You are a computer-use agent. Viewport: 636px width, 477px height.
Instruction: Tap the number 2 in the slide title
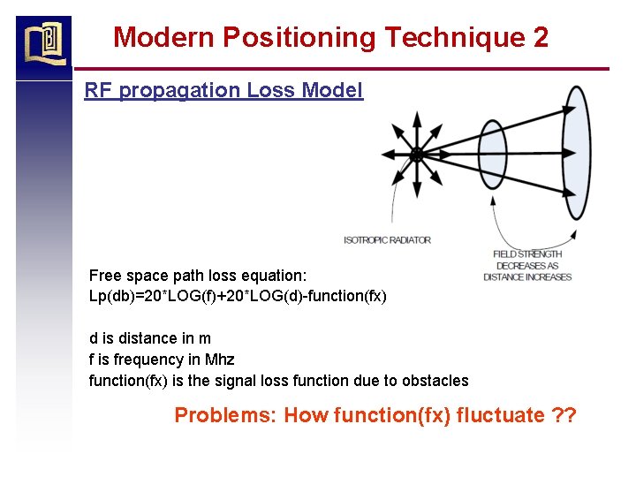541,37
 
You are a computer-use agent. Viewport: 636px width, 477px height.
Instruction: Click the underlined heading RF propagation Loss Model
223,90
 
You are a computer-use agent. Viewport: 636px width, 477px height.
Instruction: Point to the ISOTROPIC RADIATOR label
387,240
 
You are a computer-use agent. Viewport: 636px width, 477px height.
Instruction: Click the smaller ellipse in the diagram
492,155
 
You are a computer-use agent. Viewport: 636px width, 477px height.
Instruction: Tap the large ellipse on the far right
575,152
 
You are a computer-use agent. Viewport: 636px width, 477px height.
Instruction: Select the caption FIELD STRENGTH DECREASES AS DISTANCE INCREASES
527,265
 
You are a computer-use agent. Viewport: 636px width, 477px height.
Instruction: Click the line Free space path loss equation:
198,276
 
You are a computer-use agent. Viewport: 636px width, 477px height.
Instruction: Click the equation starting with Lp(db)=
238,296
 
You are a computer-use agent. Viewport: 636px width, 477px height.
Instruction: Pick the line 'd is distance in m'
150,338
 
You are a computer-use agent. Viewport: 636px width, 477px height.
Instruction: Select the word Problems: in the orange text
224,415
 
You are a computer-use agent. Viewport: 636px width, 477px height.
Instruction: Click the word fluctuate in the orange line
495,415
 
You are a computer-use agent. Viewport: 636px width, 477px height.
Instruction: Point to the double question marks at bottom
563,415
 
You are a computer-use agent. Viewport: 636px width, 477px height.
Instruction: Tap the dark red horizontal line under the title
341,69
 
